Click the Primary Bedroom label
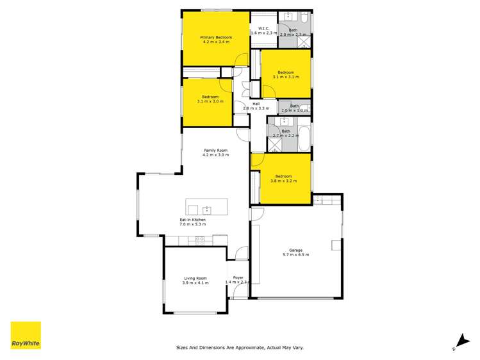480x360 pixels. tap(215, 38)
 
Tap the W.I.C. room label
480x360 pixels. tap(263, 28)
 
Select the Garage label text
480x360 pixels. tap(295, 250)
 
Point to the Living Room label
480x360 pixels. tap(195, 278)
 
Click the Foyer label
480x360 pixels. tap(238, 277)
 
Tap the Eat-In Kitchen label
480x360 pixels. tap(192, 220)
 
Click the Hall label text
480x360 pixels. tap(256, 104)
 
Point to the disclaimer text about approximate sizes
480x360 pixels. tap(240, 348)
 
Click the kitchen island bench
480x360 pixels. tap(206, 207)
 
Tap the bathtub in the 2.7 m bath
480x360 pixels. tap(305, 135)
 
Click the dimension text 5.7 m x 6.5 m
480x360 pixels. tap(295, 255)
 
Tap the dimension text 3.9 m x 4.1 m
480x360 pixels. tap(195, 283)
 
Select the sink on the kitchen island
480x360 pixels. tap(206, 209)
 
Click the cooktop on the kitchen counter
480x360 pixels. tap(199, 240)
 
